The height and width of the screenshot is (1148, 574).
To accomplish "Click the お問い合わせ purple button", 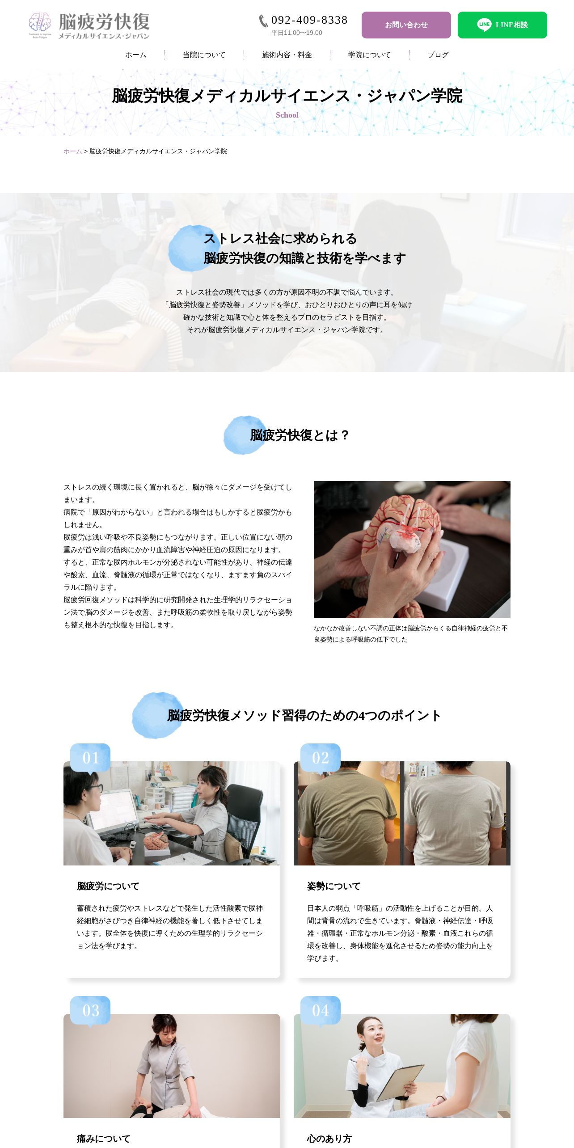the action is pos(406,25).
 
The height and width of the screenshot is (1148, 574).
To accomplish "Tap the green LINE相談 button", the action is pos(502,25).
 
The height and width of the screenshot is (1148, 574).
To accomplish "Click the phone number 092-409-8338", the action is pos(309,20).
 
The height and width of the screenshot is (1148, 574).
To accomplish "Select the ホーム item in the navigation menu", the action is pos(136,55).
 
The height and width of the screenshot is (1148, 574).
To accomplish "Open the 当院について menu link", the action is pos(204,55).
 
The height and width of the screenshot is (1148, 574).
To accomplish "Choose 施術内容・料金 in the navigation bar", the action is pos(287,55).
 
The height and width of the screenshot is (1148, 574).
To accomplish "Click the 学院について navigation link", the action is pos(369,55).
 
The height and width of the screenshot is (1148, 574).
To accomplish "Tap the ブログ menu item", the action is pos(438,55).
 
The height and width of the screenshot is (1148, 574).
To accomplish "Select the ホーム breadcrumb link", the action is pos(73,152).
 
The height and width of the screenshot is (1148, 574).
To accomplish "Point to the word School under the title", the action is pos(287,115).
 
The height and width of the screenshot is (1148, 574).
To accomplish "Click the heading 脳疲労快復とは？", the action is pos(300,435).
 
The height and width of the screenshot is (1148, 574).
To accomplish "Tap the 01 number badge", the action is pos(90,758).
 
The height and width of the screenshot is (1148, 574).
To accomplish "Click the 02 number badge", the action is pos(321,758).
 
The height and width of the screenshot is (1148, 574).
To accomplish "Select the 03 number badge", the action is pos(90,1010).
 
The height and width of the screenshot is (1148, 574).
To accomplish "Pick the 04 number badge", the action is pos(321,1010).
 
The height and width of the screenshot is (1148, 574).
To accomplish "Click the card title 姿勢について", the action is pos(333,886).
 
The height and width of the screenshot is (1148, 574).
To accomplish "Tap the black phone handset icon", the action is pos(264,21).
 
